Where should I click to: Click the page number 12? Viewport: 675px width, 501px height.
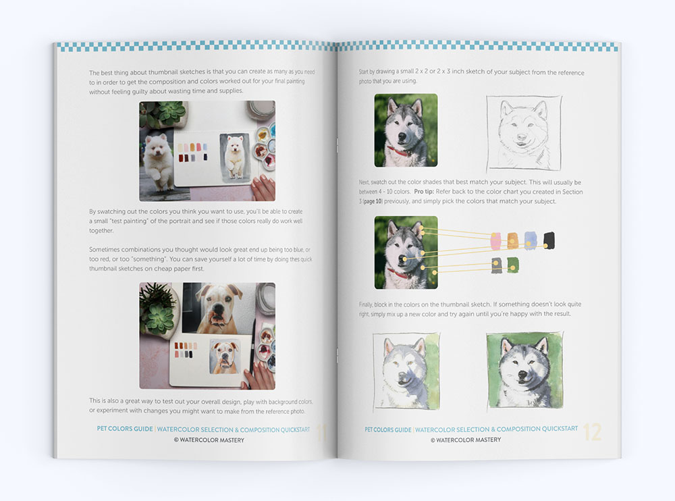[x=592, y=431]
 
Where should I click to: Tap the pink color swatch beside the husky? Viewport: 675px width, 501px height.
[x=496, y=241]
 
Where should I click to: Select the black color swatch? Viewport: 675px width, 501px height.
[x=549, y=240]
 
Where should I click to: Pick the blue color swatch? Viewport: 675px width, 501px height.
[x=531, y=240]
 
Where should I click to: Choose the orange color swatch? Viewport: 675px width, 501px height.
[x=513, y=241]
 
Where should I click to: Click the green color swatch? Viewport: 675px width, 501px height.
[x=513, y=265]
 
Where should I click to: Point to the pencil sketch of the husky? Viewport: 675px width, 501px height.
[x=524, y=134]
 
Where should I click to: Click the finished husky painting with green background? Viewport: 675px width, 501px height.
[x=524, y=370]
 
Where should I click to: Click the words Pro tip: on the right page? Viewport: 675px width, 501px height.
[x=424, y=192]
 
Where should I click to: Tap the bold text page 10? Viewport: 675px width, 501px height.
[x=373, y=201]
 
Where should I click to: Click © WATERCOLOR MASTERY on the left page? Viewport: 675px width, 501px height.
[x=209, y=440]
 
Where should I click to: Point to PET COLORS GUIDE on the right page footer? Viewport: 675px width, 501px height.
[x=388, y=429]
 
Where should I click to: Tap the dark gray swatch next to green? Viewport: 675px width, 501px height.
[x=496, y=265]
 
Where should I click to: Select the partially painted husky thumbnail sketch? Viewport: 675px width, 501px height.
[x=406, y=371]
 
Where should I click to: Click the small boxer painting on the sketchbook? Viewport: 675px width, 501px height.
[x=224, y=357]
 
